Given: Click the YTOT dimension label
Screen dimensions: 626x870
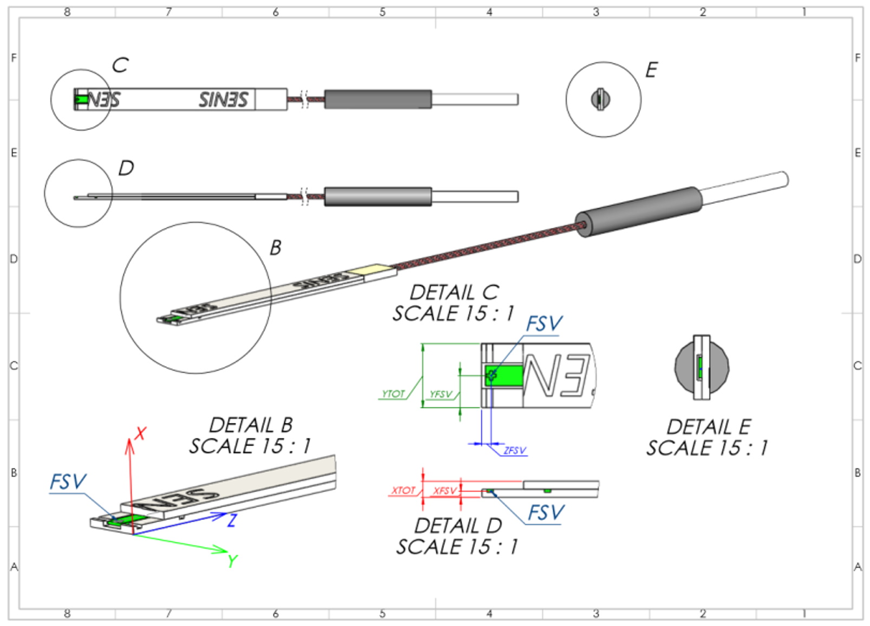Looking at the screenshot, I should point(393,394).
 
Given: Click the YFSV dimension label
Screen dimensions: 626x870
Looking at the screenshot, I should point(440,394).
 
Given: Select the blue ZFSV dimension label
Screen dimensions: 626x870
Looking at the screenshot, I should point(514,450).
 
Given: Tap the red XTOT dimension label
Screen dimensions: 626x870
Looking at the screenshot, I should point(403,490).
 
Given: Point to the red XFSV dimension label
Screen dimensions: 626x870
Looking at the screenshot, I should point(445,491).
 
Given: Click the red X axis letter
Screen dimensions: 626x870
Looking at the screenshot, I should point(141,433).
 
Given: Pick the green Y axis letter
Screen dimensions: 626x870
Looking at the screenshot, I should point(233,561).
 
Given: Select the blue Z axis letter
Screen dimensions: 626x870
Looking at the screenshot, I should point(232,520).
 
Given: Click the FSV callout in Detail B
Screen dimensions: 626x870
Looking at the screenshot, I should point(68,482).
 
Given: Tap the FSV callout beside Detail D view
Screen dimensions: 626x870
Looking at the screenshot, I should point(546,512).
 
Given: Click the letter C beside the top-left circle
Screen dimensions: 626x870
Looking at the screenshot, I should point(120,65).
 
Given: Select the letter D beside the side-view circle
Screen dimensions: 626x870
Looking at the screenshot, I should point(126,168).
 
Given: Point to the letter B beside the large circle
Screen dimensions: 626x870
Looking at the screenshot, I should point(276,248).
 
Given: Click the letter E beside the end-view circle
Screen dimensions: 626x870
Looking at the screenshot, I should point(651,70).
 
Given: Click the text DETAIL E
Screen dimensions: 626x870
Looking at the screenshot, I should point(708,427).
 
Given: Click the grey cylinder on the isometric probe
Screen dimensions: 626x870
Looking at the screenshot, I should point(639,212).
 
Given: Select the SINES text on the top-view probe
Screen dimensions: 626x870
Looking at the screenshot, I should point(223,100).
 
